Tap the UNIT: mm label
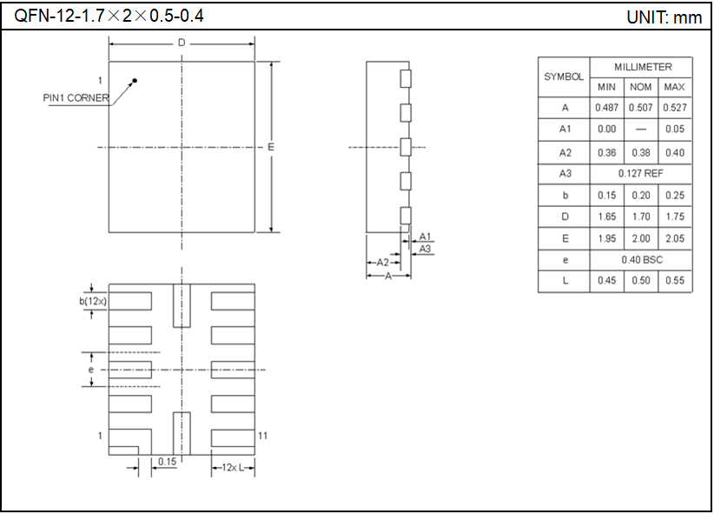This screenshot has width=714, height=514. point(664,17)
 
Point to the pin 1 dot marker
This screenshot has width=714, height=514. point(135,81)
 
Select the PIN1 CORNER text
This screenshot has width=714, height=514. point(76,97)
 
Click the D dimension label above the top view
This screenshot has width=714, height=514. point(181,43)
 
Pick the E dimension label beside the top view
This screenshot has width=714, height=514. point(271,147)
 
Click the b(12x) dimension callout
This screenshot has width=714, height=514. point(91,301)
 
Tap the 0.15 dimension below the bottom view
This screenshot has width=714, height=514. point(167,462)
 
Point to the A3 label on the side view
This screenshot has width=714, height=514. point(426,249)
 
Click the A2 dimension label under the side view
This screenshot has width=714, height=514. point(382,262)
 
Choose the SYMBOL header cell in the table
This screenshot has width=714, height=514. point(564,77)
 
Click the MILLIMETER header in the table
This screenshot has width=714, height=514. point(642,67)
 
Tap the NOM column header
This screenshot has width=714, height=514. point(641,87)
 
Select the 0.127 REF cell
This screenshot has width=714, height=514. point(642,174)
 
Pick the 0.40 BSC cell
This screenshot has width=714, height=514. point(642,260)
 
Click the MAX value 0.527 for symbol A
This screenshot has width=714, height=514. point(675,108)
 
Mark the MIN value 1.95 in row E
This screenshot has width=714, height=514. point(606,238)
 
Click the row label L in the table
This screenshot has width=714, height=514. point(565,281)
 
